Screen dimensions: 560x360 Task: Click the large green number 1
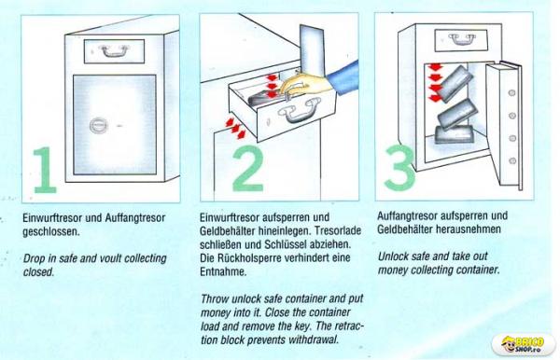[x=46, y=170]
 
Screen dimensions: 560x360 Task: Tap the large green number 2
[x=248, y=169]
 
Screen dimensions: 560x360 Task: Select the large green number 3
[x=400, y=167]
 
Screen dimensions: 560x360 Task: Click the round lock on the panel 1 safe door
[x=97, y=125]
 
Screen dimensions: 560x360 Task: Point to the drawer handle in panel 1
[x=114, y=50]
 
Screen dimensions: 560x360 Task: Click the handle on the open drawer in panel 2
[x=299, y=111]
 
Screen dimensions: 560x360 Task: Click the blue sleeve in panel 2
[x=343, y=77]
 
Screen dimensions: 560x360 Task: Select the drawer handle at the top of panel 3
[x=462, y=39]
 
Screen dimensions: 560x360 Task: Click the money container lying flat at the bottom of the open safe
[x=455, y=134]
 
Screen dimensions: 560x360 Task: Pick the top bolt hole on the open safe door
[x=511, y=93]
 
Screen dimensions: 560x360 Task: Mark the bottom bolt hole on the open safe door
[x=512, y=161]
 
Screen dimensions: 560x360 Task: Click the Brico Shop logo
[x=524, y=345]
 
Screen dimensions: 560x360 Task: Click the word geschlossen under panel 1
[x=50, y=232]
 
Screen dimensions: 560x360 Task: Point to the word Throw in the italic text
[x=215, y=298]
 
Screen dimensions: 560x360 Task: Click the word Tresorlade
[x=338, y=231]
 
